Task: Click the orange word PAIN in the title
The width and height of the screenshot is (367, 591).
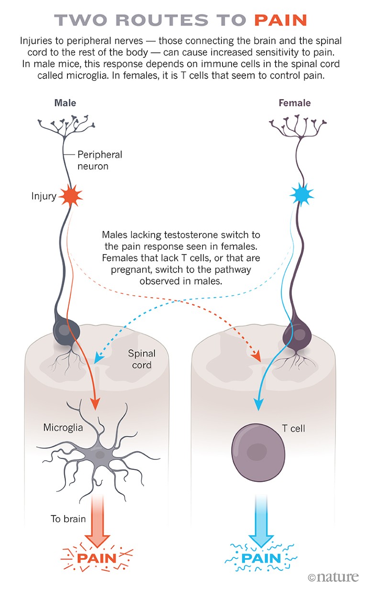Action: tap(280, 20)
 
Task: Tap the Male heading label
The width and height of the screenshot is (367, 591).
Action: tap(65, 103)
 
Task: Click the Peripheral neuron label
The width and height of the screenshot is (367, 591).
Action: tap(100, 160)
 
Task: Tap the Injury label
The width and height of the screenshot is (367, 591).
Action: tap(44, 196)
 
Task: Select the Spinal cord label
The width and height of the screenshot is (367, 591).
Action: tap(142, 359)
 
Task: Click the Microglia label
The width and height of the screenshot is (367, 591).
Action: tap(63, 428)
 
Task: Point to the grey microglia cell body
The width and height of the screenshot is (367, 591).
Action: tap(100, 455)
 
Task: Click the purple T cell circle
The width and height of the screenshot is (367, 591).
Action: tap(256, 450)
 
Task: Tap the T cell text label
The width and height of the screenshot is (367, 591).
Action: tap(293, 428)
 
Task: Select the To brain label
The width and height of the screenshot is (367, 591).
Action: tap(68, 518)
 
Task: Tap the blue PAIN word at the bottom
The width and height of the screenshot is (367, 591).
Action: tap(261, 558)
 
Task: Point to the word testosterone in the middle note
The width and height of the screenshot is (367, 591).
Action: tap(214, 235)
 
